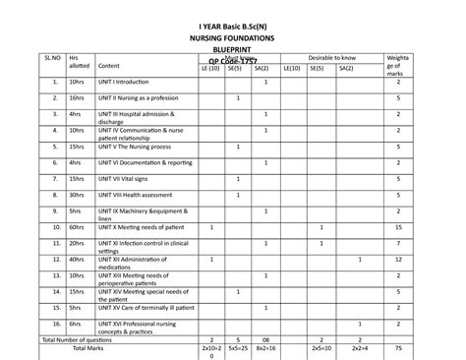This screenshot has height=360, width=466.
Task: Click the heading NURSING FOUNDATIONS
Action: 232,37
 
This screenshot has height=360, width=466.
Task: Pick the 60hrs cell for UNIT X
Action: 78,227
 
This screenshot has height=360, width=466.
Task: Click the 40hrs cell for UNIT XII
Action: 78,260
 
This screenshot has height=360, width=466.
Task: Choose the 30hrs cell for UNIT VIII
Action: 78,195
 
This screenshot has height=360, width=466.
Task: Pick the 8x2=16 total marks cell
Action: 264,348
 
